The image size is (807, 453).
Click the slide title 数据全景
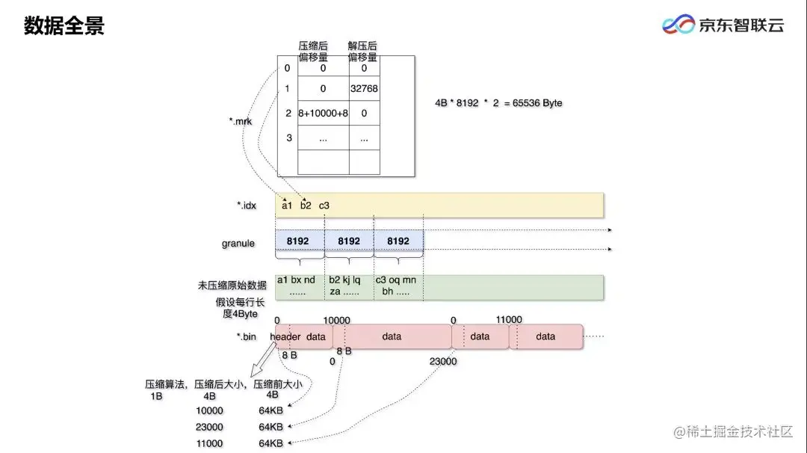point(64,26)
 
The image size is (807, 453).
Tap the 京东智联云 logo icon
point(678,25)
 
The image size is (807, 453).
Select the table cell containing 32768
point(364,88)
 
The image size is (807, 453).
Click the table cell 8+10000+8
point(323,113)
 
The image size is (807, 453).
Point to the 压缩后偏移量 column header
point(313,51)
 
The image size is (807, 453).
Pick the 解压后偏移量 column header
point(362,51)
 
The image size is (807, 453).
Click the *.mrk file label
point(241,120)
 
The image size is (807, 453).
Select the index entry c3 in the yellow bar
point(324,205)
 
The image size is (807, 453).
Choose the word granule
point(238,243)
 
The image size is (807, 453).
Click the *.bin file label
point(247,336)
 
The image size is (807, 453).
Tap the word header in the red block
point(285,336)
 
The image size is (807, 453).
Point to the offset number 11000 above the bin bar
point(508,319)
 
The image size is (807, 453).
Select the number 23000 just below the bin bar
point(443,361)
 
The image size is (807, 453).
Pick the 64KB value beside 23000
point(270,427)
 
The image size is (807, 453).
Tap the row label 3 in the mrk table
point(288,138)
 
